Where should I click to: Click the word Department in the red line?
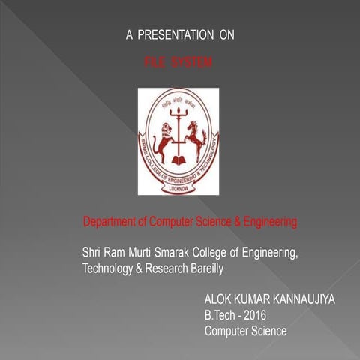[x=113, y=223]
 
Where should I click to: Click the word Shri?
[x=93, y=251]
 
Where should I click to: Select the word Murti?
[x=145, y=251]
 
